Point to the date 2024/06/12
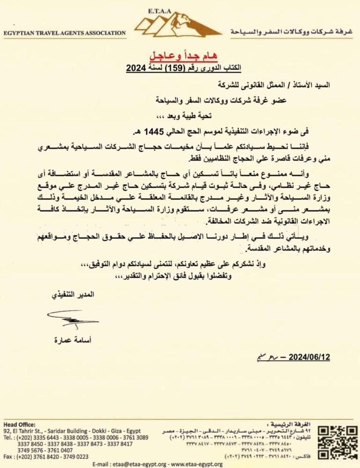309,358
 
